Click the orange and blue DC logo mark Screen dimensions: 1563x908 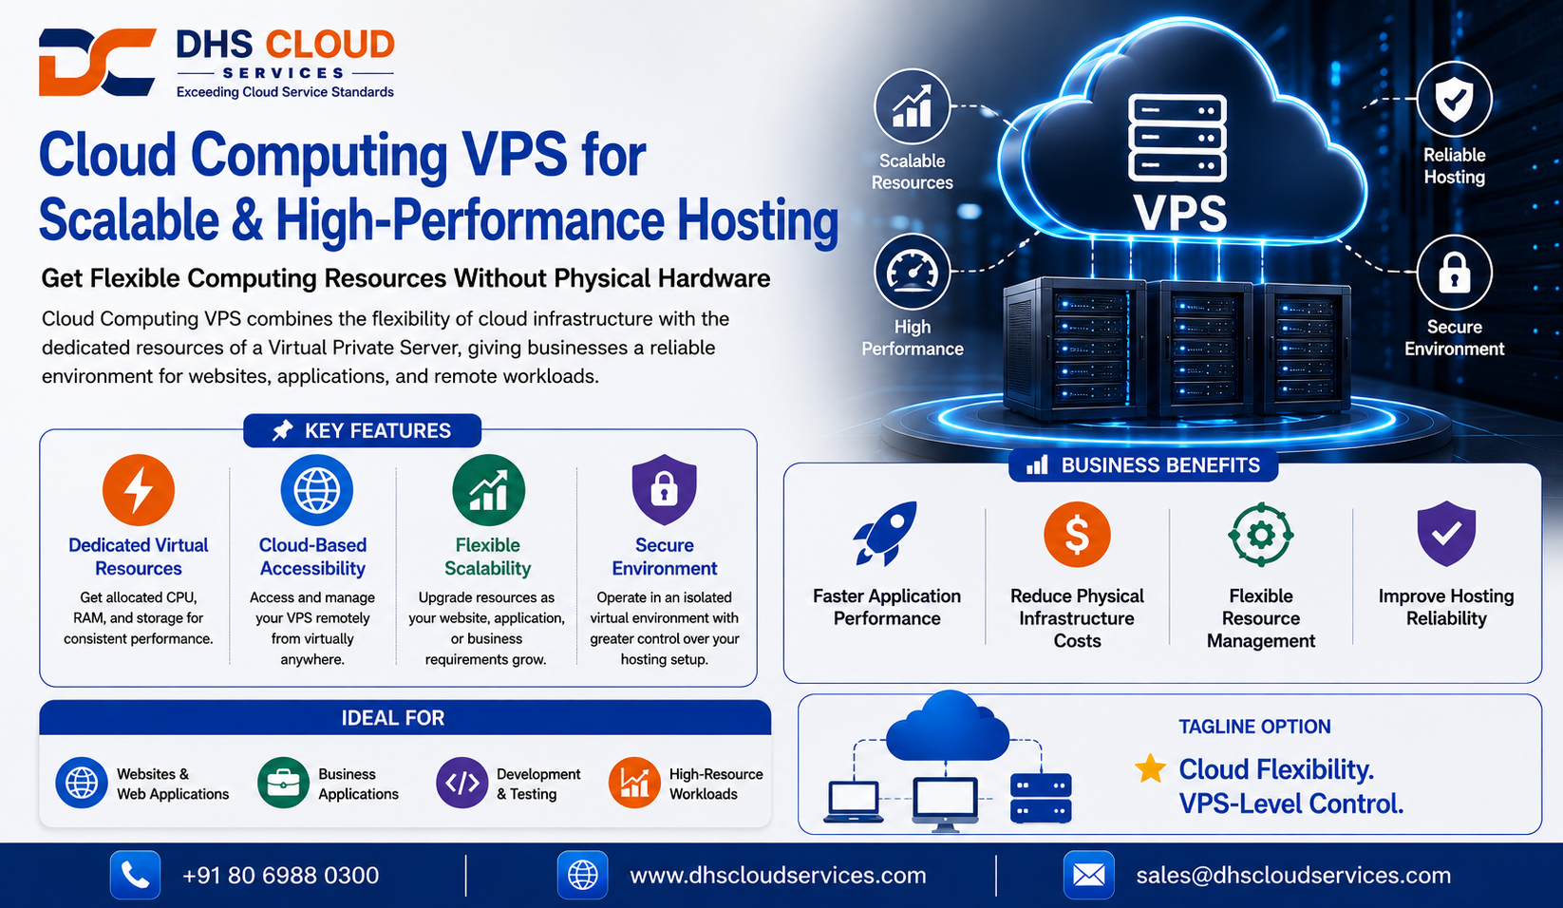[x=97, y=62]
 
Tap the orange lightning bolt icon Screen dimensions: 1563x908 [x=138, y=490]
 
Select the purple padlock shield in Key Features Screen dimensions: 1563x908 [x=665, y=489]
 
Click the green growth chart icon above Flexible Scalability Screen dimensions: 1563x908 [x=488, y=490]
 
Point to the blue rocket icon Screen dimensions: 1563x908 [x=885, y=533]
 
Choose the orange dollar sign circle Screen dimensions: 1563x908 [x=1077, y=534]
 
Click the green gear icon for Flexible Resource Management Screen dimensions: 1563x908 [x=1260, y=535]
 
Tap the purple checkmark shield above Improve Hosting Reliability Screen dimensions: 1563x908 [x=1446, y=533]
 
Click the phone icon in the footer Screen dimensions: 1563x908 [x=136, y=875]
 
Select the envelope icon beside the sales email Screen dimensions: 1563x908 [x=1088, y=875]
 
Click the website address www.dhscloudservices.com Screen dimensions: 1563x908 [x=778, y=875]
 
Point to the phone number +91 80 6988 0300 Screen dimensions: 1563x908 [x=280, y=875]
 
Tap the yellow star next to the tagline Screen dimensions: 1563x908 [x=1150, y=768]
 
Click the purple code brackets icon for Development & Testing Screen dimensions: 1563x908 [x=461, y=783]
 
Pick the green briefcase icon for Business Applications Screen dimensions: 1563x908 [x=283, y=783]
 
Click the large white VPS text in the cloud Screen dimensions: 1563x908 [x=1179, y=212]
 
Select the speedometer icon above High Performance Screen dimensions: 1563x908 [x=912, y=273]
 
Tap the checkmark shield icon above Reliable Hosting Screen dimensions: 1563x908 [x=1454, y=99]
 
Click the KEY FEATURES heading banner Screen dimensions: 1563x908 [x=362, y=430]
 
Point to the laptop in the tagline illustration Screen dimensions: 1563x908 [x=854, y=802]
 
